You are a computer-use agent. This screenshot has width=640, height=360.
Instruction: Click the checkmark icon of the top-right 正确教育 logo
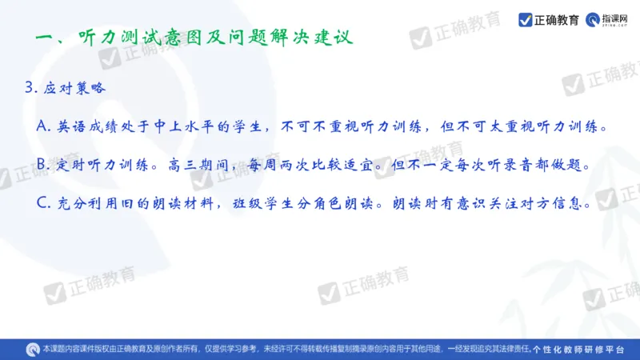tap(526, 19)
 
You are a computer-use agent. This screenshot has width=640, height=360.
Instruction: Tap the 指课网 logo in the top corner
tap(611, 19)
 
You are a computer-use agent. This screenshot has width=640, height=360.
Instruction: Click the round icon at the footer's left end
tap(33, 349)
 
